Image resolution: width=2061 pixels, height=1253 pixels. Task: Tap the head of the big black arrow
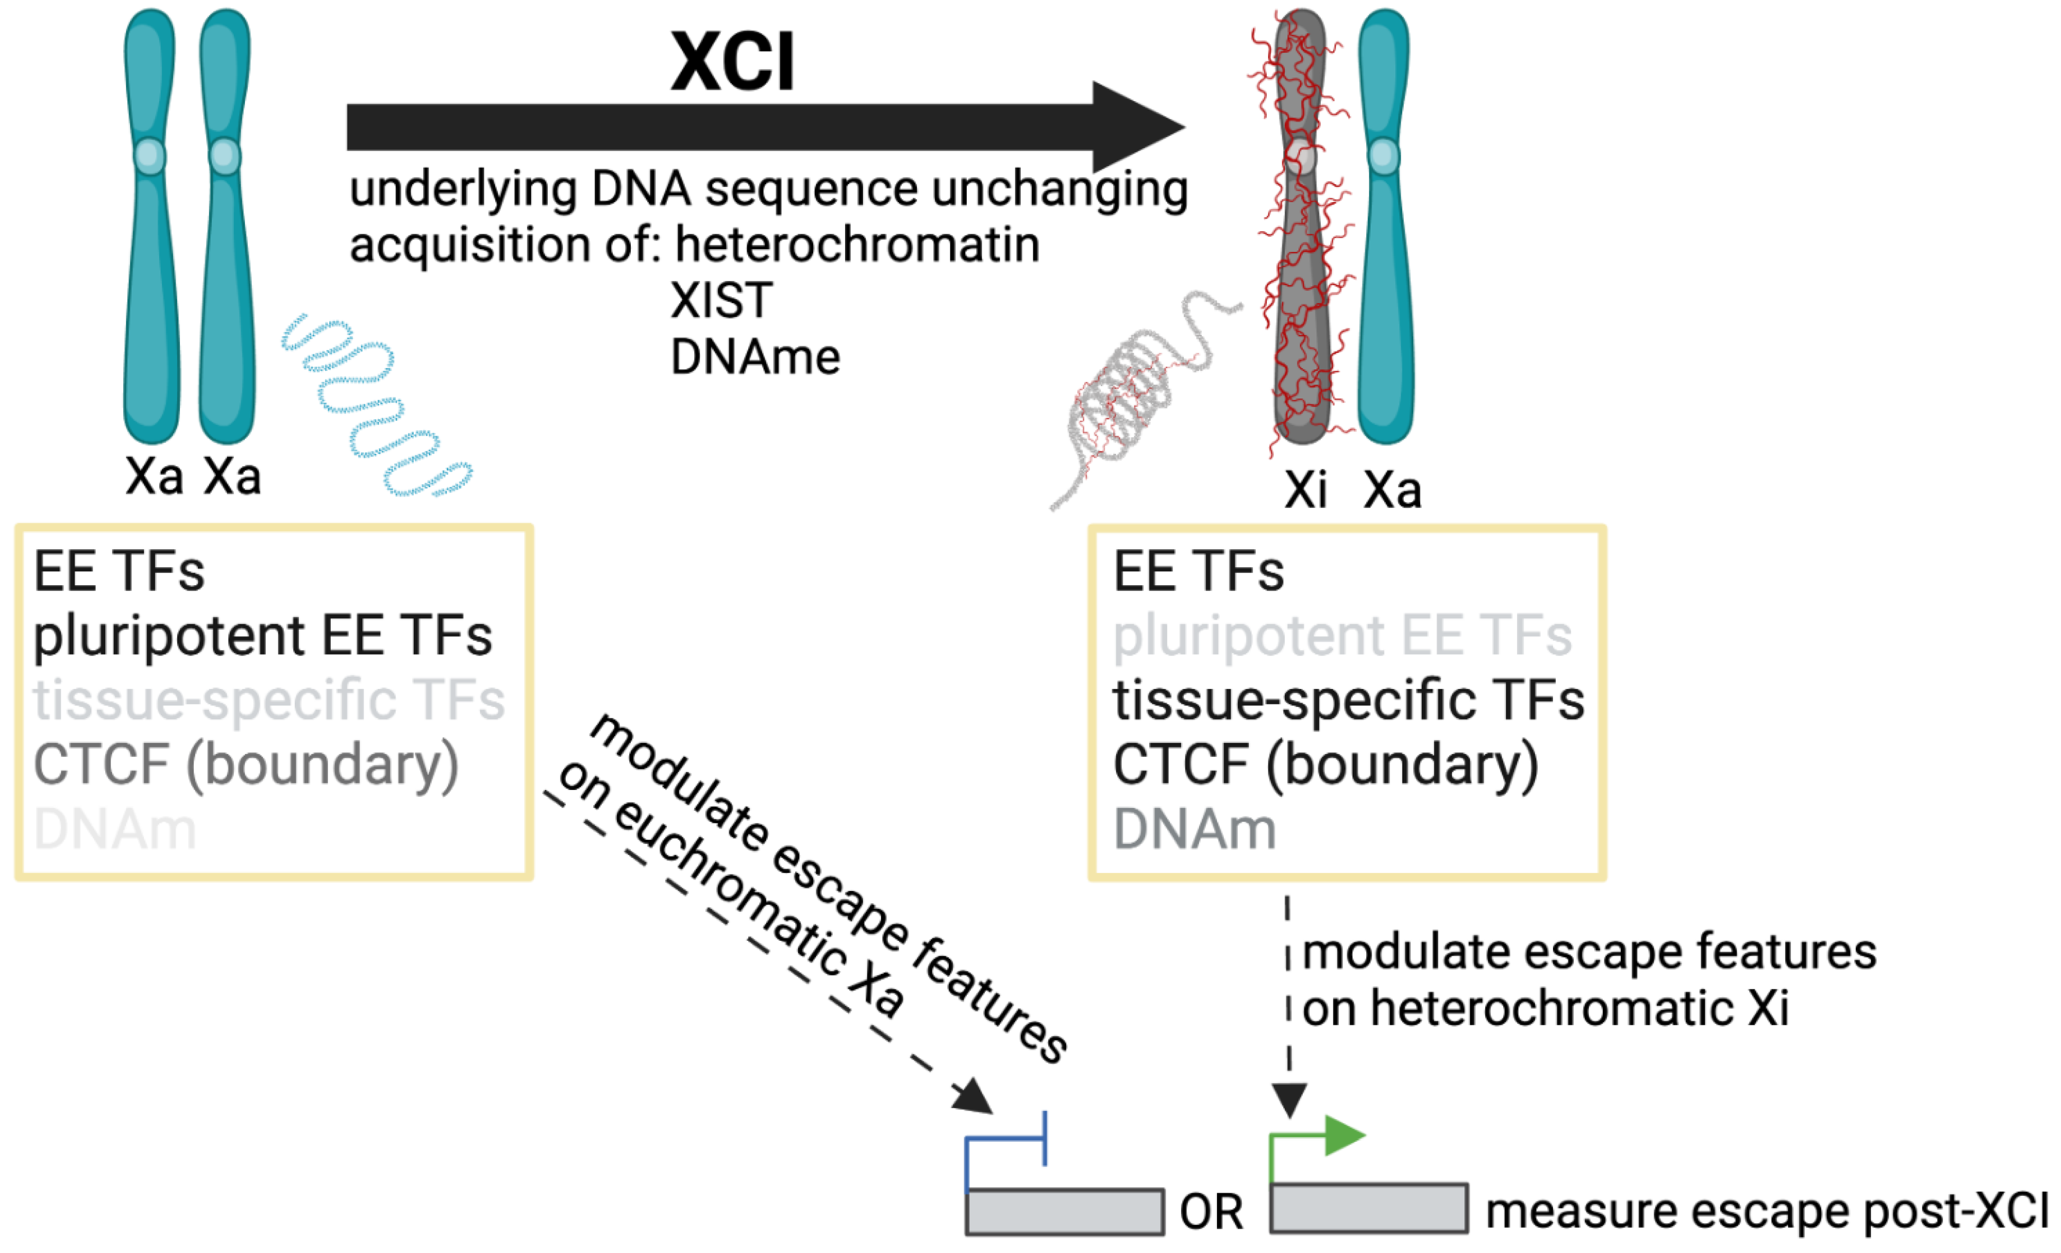tap(1138, 127)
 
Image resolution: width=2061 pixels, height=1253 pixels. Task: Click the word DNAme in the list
tap(755, 358)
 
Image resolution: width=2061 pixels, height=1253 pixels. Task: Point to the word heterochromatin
tap(857, 245)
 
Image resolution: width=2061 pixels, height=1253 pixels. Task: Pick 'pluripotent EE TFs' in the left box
tap(262, 635)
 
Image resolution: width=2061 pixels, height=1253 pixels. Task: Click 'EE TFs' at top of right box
tap(1198, 572)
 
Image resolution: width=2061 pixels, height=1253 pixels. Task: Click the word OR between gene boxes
tap(1210, 1212)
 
